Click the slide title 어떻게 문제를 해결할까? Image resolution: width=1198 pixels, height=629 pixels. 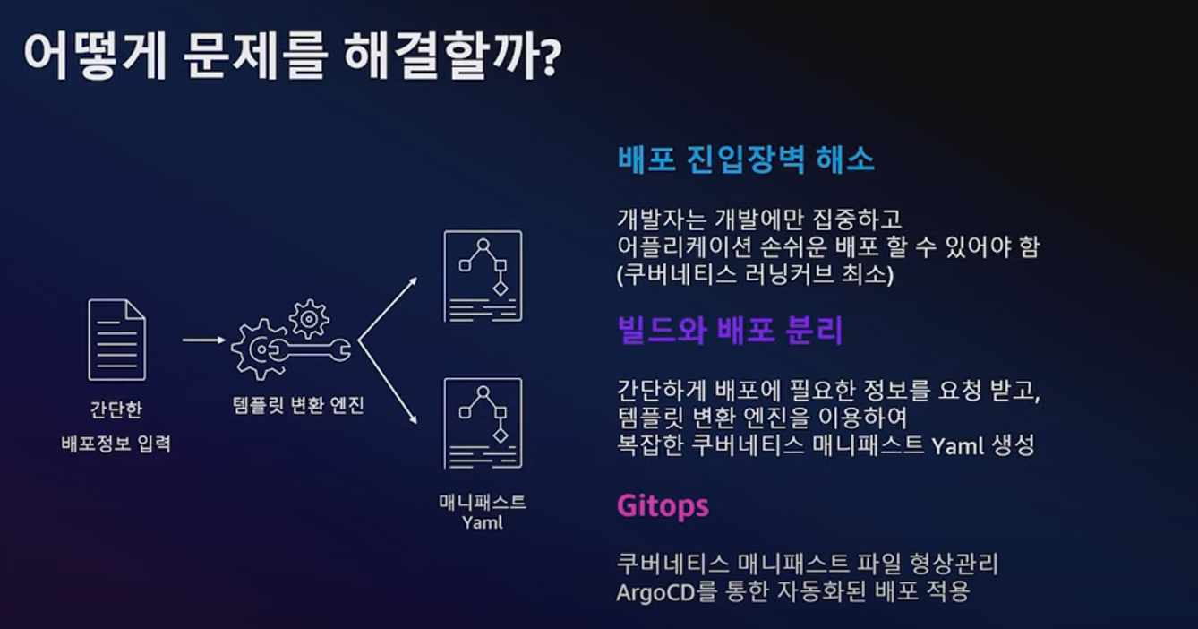pos(292,57)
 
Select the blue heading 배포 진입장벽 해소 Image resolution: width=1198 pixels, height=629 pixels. pos(745,159)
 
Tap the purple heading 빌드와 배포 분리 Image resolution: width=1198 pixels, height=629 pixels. pos(730,331)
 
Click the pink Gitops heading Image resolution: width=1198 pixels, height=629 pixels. pos(663,505)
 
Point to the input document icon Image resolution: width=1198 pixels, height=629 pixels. pos(116,340)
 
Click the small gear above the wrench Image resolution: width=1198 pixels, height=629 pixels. pos(309,318)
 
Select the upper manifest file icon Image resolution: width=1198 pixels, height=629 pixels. pos(483,276)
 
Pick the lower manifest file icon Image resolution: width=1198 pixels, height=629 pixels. pos(483,423)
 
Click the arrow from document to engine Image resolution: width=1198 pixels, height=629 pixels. pos(203,340)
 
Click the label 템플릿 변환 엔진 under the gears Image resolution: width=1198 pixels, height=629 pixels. pos(296,405)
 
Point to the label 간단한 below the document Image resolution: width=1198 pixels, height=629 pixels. pos(116,409)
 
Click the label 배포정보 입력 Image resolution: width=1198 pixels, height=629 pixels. pos(116,443)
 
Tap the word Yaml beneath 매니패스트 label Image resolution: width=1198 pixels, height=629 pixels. pos(483,522)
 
